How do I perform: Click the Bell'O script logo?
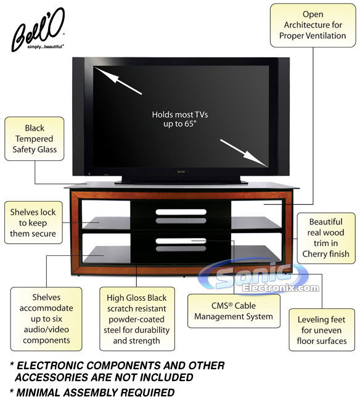click(x=38, y=28)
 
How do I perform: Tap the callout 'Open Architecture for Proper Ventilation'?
click(x=313, y=25)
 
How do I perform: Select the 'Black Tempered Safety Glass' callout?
click(x=35, y=139)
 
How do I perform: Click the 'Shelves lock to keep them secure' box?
click(x=33, y=223)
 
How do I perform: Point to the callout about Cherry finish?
click(x=326, y=238)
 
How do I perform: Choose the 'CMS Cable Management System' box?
click(x=234, y=311)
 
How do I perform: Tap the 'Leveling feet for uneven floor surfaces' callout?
click(x=322, y=330)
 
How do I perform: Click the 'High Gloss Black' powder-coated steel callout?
click(x=137, y=319)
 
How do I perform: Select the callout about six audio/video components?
click(x=46, y=319)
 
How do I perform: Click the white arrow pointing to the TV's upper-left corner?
click(x=118, y=81)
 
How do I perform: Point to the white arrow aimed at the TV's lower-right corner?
click(x=244, y=153)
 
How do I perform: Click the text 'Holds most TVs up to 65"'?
click(x=180, y=119)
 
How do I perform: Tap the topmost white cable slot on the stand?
click(x=181, y=212)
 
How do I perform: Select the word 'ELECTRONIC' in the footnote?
click(x=50, y=366)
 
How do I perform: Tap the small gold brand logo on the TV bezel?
click(x=181, y=171)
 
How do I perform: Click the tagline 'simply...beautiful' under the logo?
click(x=46, y=47)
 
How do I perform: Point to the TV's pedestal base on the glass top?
click(x=181, y=180)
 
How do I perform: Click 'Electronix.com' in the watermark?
click(x=280, y=288)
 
